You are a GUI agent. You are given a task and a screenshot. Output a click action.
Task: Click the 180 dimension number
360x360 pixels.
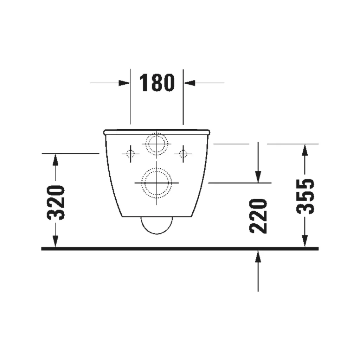click(x=157, y=83)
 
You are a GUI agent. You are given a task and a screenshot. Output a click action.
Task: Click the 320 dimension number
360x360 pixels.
click(x=56, y=202)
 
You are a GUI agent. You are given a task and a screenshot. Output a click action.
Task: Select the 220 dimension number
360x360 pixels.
click(x=258, y=216)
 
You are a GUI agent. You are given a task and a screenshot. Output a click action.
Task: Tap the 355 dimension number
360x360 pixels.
click(x=305, y=196)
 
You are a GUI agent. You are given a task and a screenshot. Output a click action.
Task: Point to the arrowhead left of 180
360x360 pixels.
click(x=124, y=83)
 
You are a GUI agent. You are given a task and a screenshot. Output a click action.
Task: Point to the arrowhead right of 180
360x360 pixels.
click(x=189, y=83)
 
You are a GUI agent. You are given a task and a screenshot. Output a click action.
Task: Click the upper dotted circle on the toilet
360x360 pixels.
click(x=156, y=144)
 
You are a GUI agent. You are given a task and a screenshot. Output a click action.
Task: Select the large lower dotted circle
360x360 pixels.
click(x=156, y=183)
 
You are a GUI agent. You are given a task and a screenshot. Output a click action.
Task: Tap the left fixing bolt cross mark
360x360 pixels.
click(x=130, y=154)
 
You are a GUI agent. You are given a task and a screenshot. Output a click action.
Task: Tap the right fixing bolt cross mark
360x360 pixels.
click(x=183, y=154)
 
